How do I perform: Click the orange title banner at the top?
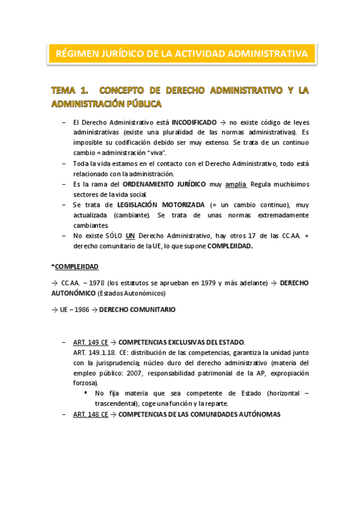[181, 54]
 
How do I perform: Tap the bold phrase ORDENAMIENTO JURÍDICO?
[163, 183]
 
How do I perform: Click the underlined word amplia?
[236, 183]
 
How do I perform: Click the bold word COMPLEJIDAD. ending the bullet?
[230, 246]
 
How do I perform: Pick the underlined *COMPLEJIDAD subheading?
[75, 266]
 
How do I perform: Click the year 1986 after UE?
[81, 310]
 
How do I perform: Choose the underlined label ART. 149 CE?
[90, 342]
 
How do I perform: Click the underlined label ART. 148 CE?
[90, 414]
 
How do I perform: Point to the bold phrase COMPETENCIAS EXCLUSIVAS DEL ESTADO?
[182, 342]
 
